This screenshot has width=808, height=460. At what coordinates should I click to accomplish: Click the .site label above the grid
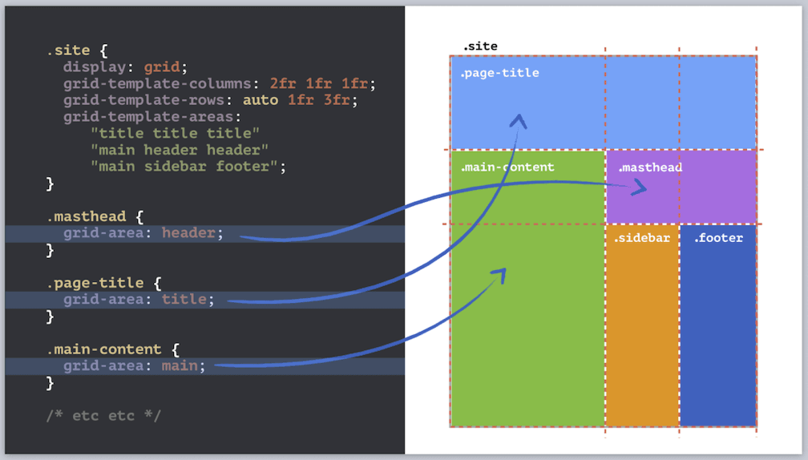(480, 46)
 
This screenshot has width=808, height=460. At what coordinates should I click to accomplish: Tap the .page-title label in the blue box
(499, 74)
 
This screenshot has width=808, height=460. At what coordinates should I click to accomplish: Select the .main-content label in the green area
(507, 167)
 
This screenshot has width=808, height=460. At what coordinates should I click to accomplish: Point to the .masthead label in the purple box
(650, 167)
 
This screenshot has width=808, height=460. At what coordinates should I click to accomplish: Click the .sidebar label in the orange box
(642, 238)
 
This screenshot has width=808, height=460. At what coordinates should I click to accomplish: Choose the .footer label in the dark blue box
(718, 238)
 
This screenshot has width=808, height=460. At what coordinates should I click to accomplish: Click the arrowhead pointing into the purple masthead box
(640, 188)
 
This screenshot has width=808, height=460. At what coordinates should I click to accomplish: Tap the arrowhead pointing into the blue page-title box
(519, 121)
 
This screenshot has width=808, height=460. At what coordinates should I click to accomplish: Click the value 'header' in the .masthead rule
(188, 233)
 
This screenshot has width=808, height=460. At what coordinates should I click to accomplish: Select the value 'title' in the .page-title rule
(184, 300)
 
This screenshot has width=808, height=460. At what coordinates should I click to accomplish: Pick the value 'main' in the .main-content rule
(180, 366)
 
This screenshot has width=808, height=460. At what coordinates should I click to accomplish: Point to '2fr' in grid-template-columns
(283, 83)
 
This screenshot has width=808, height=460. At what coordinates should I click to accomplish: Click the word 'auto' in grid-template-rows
(261, 100)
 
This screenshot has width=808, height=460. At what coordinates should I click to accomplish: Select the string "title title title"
(176, 133)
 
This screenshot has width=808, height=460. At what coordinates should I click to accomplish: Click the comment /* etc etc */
(103, 416)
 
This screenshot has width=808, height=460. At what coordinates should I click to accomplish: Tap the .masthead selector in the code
(86, 216)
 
